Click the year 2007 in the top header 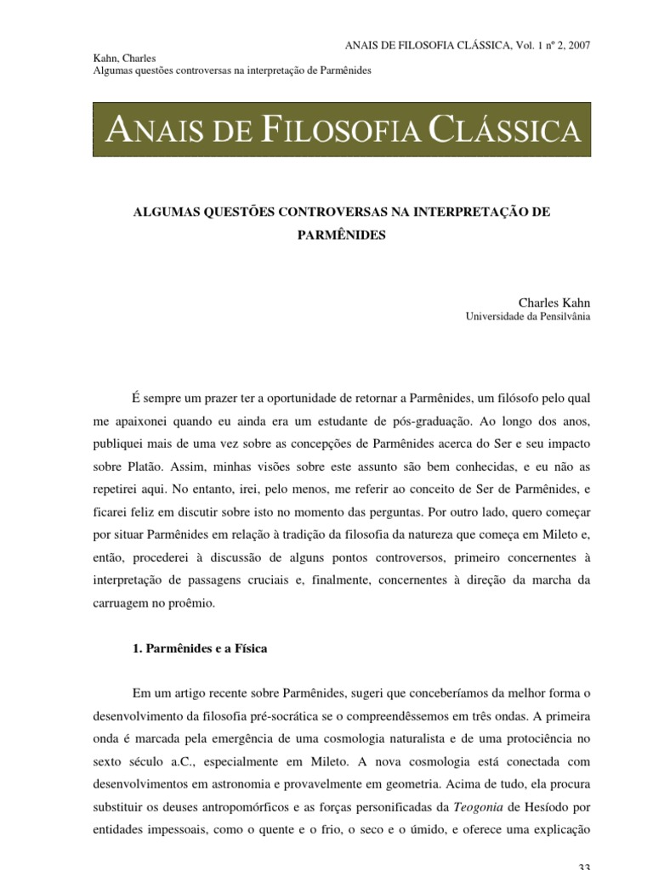tap(576, 43)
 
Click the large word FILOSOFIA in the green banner tap(339, 132)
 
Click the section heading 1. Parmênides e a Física tap(200, 648)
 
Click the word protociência tap(531, 716)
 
